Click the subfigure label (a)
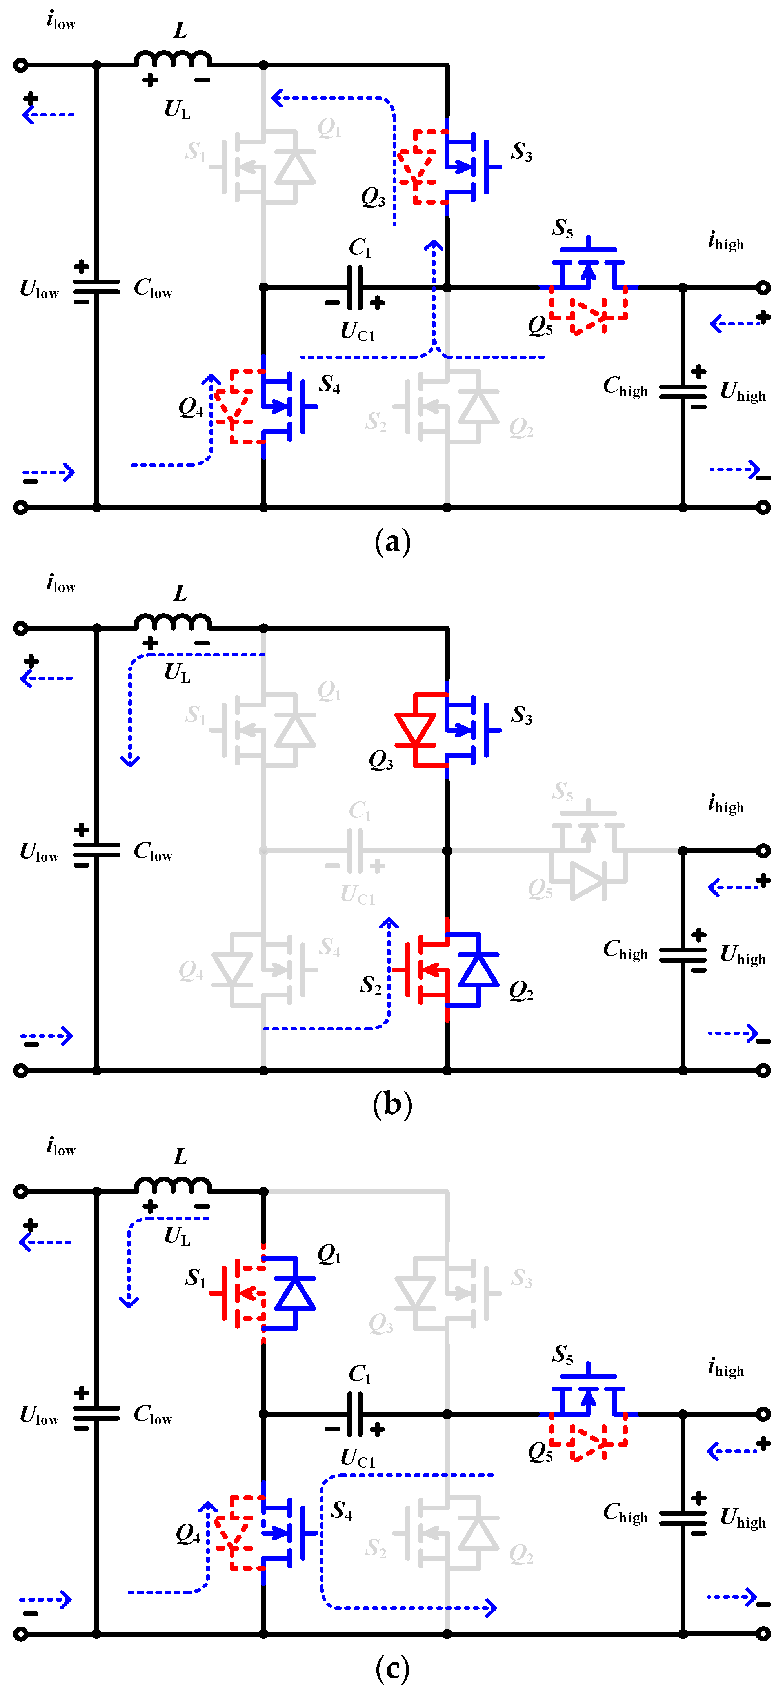392,542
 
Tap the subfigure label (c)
392,1668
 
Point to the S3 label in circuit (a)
522,152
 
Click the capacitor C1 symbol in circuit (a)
355,287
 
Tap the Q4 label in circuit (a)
190,408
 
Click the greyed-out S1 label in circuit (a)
195,152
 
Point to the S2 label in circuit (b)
371,984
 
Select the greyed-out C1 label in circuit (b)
360,811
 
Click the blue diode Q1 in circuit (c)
295,1293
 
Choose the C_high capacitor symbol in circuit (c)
683,1518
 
